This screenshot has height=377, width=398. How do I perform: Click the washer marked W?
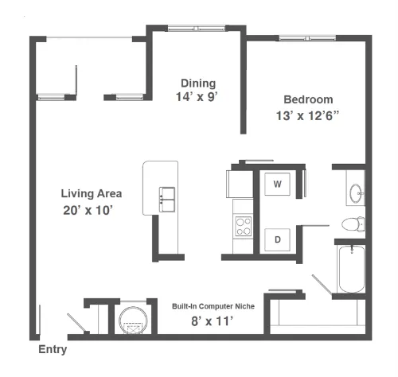tap(277, 184)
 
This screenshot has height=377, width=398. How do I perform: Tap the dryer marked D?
tap(277, 239)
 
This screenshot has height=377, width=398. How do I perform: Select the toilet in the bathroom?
tap(353, 224)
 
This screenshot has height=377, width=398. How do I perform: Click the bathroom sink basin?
tap(356, 193)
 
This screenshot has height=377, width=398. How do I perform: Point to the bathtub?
tap(352, 269)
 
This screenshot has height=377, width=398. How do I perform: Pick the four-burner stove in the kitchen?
tap(243, 226)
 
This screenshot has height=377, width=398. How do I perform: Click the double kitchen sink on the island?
tap(167, 200)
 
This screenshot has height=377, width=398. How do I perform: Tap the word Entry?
tap(53, 349)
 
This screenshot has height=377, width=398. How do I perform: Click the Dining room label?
tap(198, 83)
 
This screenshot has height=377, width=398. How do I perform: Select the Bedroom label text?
tap(308, 99)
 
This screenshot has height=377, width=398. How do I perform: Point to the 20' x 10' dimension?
tap(88, 210)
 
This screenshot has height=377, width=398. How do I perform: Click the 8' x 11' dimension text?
tap(212, 321)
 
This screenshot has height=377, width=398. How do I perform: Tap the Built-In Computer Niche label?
tap(213, 306)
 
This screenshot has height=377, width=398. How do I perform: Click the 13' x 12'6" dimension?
tap(308, 115)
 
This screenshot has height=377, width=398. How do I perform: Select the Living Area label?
tap(92, 193)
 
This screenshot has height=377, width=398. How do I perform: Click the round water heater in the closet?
tap(133, 320)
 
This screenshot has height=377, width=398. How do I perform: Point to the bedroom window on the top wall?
tap(307, 38)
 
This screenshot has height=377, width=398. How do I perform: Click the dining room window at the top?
tap(197, 28)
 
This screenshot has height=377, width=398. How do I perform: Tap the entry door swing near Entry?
tap(76, 322)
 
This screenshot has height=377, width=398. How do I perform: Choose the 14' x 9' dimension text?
tap(197, 97)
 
